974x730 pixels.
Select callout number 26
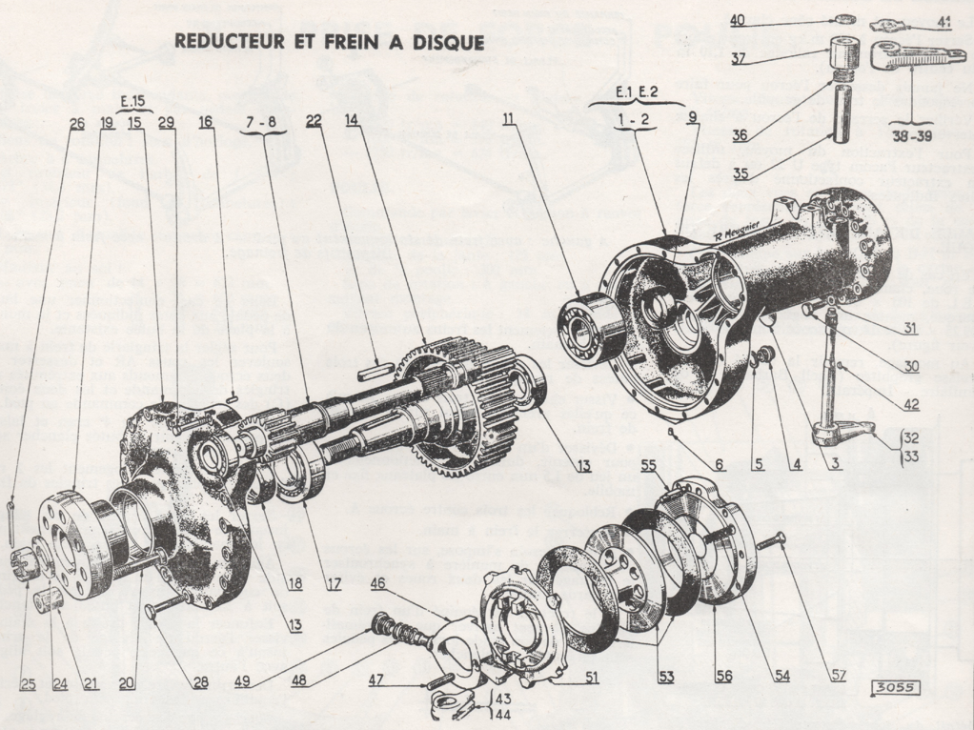[x=77, y=122]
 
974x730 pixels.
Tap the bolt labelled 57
[x=773, y=543]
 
